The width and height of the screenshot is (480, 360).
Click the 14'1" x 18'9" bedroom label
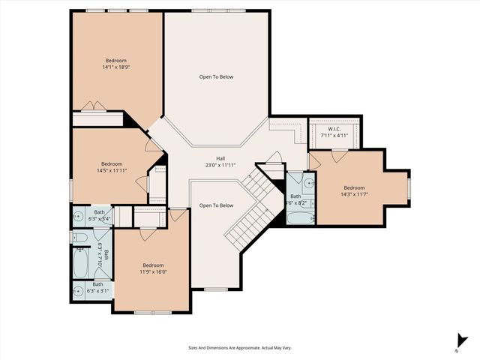coord(115,64)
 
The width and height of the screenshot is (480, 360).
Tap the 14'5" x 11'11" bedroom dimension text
coord(112,167)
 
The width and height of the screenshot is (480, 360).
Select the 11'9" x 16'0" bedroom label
coord(153,268)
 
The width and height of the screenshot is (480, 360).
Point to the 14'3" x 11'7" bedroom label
coord(354,191)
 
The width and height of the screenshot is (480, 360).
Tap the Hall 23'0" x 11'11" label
coord(220,161)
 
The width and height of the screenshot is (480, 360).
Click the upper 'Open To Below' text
coord(216,76)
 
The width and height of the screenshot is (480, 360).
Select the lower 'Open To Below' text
coord(216,205)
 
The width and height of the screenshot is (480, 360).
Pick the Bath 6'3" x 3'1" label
coord(97,287)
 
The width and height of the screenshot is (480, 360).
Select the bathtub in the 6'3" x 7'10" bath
coord(82,262)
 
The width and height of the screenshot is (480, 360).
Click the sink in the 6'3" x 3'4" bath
coord(79,217)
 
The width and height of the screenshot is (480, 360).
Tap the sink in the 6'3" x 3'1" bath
coord(79,292)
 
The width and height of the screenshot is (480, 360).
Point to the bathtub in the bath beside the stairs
coord(296,218)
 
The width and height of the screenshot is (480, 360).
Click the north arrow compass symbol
coord(458,340)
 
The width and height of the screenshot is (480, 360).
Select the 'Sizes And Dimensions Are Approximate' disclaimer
coord(239,348)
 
